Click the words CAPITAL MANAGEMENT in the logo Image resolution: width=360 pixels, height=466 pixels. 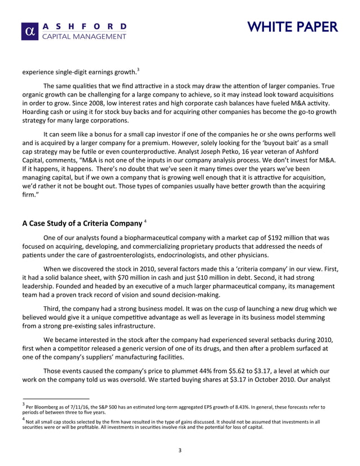coord(85,37)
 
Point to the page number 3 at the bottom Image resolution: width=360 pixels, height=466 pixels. coord(179,450)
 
